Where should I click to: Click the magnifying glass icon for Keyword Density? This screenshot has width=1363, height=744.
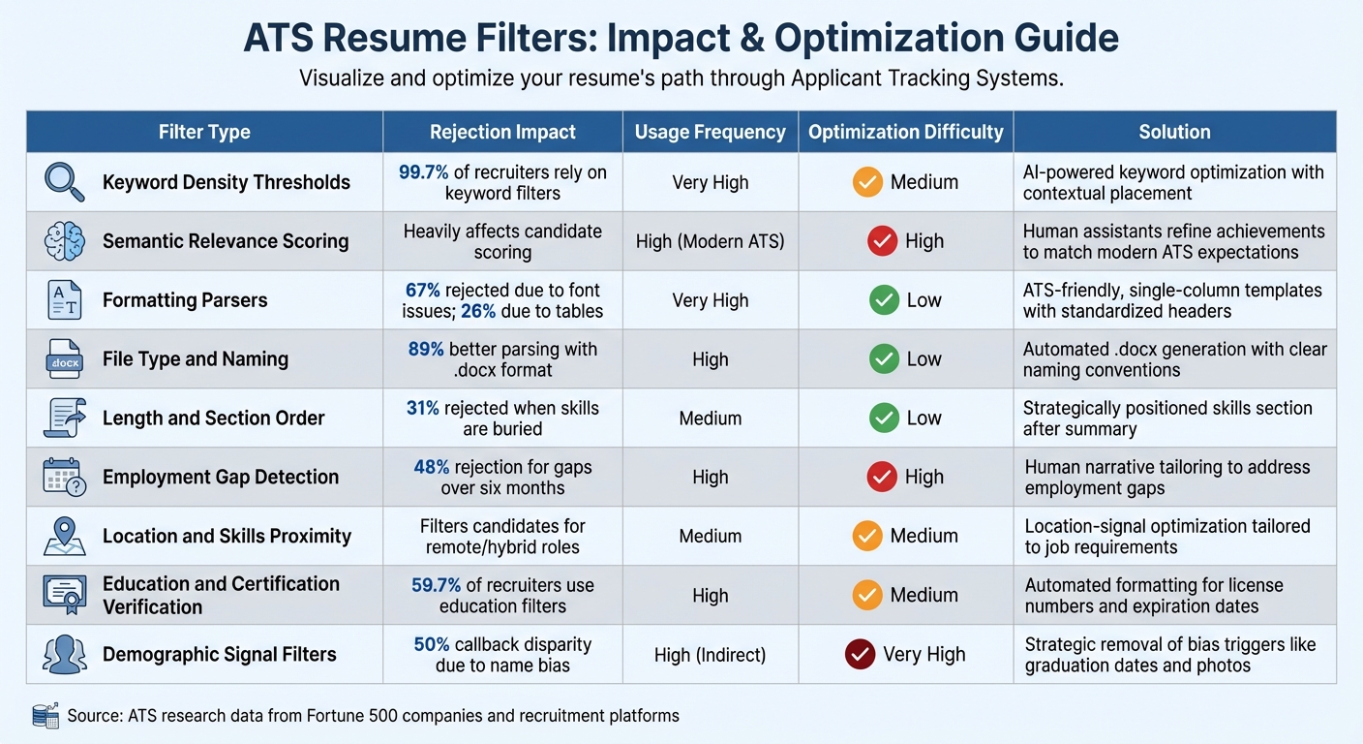64,181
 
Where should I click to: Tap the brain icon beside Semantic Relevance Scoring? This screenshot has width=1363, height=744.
64,241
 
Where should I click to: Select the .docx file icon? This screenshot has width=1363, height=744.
64,358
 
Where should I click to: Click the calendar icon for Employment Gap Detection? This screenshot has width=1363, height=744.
64,477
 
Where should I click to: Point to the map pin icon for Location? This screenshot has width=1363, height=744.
64,536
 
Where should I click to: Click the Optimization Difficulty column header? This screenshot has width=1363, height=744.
905,132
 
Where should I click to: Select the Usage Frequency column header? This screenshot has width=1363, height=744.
710,132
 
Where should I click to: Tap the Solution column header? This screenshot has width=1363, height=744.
1174,132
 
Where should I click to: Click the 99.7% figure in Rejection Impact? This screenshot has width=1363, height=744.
423,172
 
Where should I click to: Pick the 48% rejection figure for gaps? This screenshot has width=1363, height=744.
431,467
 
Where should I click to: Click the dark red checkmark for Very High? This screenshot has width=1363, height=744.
860,654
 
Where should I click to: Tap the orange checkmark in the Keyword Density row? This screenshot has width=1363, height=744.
867,182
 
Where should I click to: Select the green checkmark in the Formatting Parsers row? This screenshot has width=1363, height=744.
884,300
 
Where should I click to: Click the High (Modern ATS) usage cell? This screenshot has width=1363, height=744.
710,241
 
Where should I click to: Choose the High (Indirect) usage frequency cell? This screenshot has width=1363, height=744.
710,655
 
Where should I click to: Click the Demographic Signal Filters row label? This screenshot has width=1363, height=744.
220,654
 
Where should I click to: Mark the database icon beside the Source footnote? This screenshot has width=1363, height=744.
45,716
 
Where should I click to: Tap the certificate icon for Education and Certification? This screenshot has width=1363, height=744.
64,595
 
